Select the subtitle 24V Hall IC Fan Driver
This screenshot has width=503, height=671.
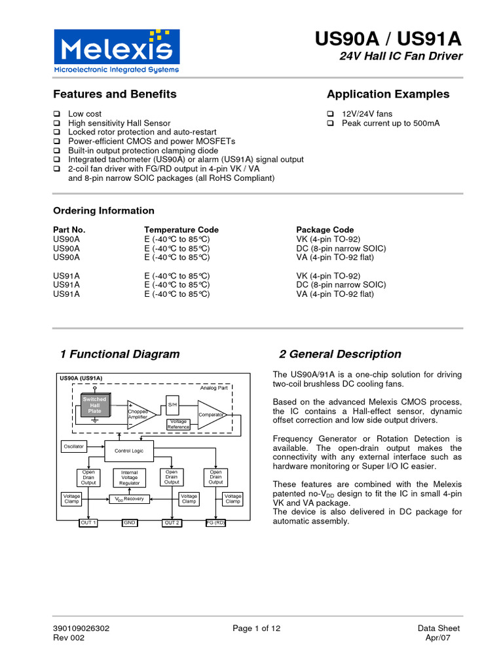click(x=400, y=56)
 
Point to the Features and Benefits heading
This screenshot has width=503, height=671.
click(x=115, y=94)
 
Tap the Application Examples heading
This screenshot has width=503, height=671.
click(x=388, y=94)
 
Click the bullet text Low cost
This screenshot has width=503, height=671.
click(x=85, y=114)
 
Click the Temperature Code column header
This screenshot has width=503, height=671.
click(x=181, y=230)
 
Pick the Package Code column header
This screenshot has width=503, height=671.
click(x=325, y=230)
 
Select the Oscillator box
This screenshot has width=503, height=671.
click(x=73, y=446)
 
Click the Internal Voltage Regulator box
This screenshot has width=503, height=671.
click(x=130, y=478)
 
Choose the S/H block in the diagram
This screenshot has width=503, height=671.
click(x=173, y=405)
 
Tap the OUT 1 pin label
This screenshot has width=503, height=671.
click(x=88, y=523)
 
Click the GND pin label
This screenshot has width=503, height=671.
click(x=129, y=523)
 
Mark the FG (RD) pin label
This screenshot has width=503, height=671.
click(x=215, y=523)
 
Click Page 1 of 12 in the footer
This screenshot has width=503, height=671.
click(x=257, y=628)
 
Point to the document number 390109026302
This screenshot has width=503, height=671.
click(x=81, y=628)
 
